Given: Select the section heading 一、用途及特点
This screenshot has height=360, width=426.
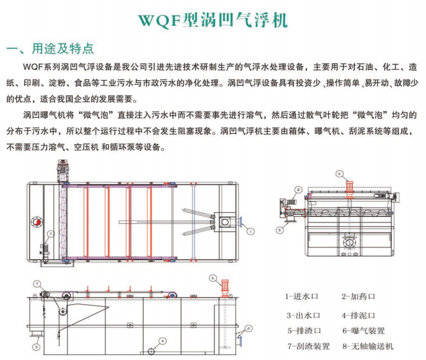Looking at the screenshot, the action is click(50, 48).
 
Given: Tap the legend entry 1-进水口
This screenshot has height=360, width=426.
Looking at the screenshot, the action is click(301, 296).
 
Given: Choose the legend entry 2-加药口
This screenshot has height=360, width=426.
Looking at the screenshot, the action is click(358, 296).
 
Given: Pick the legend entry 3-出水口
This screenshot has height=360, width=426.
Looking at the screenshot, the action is click(303, 316).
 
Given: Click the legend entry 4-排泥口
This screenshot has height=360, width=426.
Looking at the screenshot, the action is click(359, 316).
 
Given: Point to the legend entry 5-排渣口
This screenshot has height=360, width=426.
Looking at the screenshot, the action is click(304, 331).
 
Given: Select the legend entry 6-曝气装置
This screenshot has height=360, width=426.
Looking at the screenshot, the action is click(364, 331).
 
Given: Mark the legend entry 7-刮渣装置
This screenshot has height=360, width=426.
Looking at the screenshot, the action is click(308, 346).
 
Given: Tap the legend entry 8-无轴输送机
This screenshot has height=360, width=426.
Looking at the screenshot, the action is click(368, 346).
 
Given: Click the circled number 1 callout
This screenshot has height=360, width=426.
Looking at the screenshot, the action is click(250, 231).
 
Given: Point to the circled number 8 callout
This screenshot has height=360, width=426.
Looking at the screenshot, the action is click(298, 190).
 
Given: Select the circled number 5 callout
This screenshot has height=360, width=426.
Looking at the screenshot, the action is click(280, 230).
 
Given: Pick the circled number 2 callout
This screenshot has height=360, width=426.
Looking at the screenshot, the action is click(248, 329).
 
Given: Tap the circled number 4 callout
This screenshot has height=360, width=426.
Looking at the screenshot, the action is click(163, 341).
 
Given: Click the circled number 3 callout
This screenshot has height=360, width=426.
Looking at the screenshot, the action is click(36, 347).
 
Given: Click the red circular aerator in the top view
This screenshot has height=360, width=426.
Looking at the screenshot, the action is click(37, 223).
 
